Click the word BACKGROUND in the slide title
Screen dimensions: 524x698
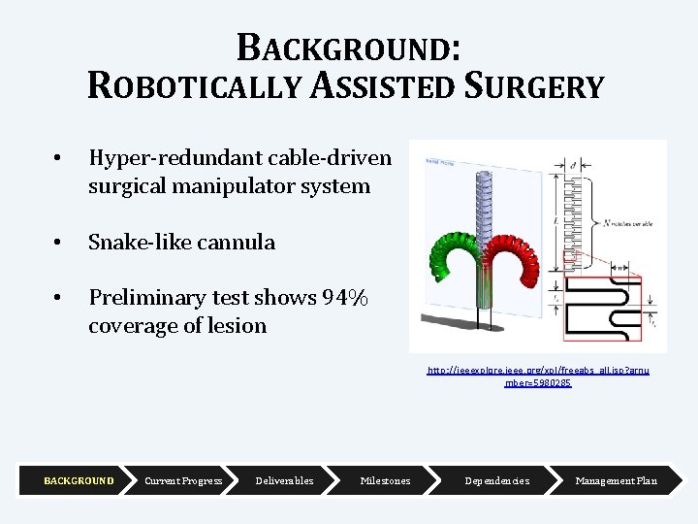coord(348,47)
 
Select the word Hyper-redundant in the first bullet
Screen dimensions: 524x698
coord(155,157)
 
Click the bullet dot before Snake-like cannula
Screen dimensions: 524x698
coord(58,243)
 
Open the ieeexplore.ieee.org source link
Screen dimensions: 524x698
coord(538,377)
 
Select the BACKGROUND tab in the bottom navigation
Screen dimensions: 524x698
coord(79,481)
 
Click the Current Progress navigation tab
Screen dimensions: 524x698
coord(183,481)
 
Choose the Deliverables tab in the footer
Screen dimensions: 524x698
coord(284,481)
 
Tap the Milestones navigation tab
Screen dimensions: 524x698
coord(385,481)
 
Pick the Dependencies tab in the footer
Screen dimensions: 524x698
coord(496,481)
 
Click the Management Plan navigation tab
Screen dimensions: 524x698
coord(616,481)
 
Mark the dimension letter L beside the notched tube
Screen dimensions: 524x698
coord(555,221)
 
